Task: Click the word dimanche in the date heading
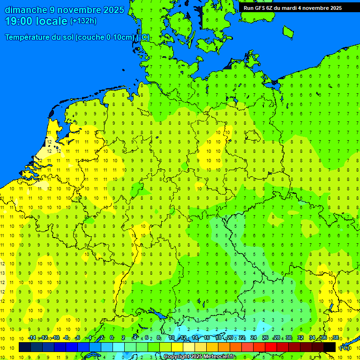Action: (x=23, y=10)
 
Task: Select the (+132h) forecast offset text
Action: (x=83, y=21)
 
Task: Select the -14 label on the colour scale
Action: (x=32, y=338)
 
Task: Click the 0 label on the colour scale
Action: (x=112, y=338)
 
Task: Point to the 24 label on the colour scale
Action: (x=254, y=338)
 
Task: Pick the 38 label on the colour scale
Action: (x=336, y=338)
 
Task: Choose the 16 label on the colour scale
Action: (x=206, y=338)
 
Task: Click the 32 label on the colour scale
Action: (x=300, y=338)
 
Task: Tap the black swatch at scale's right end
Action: (x=330, y=347)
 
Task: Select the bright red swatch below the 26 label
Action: (x=271, y=347)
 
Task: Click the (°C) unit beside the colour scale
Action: (x=345, y=348)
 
